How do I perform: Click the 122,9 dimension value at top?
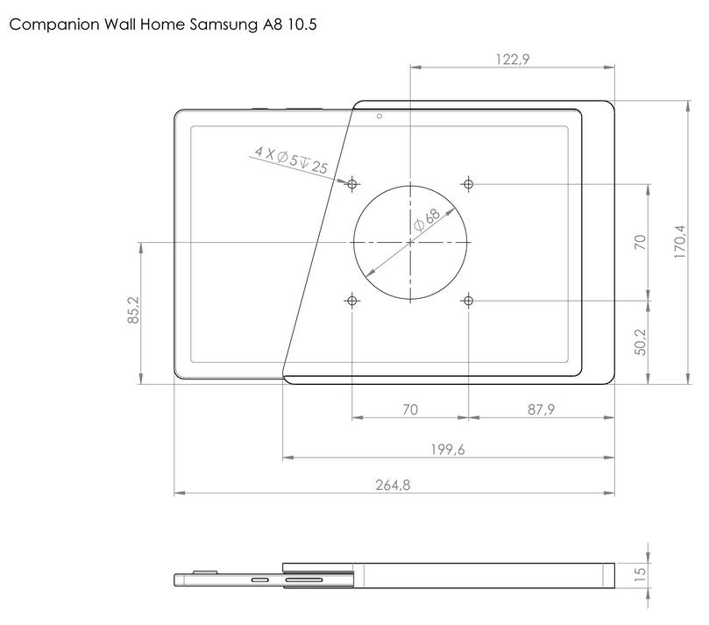[x=513, y=60]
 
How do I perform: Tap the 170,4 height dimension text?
[x=680, y=242]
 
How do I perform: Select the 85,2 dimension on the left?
[x=134, y=310]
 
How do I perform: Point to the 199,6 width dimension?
[x=448, y=450]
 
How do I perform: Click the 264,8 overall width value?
[x=393, y=485]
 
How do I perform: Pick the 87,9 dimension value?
[x=541, y=409]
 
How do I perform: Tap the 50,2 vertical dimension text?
[x=641, y=342]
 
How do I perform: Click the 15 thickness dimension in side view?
[x=640, y=574]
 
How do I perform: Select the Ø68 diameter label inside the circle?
[x=427, y=220]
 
